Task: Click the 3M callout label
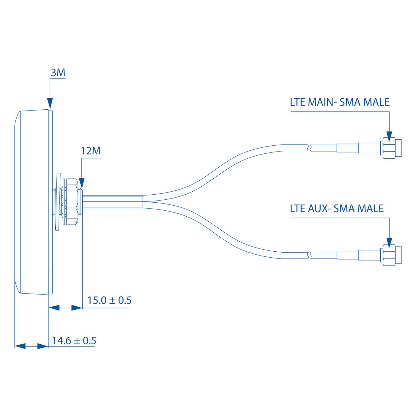(58, 73)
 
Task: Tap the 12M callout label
(91, 151)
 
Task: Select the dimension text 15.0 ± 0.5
(109, 300)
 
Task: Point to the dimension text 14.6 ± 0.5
(74, 341)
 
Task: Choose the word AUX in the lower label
(318, 209)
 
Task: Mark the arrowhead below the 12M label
(82, 183)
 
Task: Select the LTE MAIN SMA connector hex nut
(389, 148)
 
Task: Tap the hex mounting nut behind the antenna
(72, 201)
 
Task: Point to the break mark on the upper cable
(309, 148)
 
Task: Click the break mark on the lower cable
(309, 255)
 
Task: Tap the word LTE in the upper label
(297, 102)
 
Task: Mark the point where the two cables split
(143, 201)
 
